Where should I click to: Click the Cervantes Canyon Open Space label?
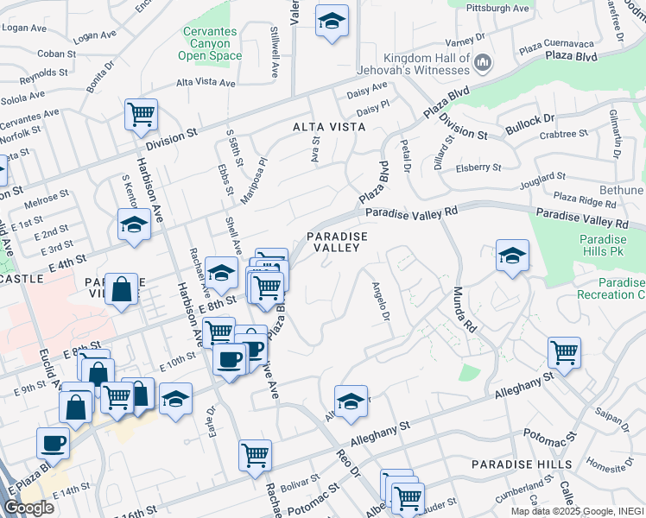210,43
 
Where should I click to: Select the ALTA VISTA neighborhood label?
329,127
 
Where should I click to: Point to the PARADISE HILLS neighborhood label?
522,464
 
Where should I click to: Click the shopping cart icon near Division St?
140,114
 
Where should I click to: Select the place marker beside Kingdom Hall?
484,62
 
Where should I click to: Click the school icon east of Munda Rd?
512,255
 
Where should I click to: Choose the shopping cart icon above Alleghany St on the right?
564,351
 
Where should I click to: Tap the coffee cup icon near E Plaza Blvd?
53,443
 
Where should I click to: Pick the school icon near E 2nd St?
134,224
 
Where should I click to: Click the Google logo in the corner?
28,508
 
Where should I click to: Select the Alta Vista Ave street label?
206,83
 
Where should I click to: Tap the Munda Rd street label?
465,311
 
